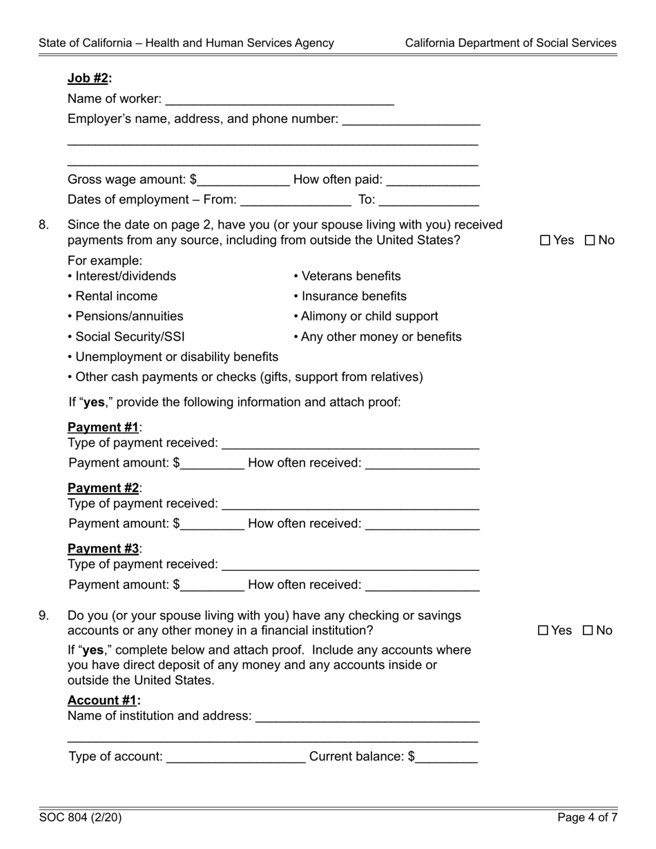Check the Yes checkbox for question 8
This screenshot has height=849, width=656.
[546, 240]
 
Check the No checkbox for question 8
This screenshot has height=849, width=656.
[590, 240]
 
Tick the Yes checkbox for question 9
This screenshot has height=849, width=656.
[543, 630]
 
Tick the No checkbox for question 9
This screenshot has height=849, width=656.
[588, 630]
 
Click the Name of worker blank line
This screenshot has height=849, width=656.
[280, 99]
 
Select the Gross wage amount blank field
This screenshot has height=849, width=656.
[243, 180]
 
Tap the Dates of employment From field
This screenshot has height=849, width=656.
[296, 200]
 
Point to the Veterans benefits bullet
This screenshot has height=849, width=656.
[347, 276]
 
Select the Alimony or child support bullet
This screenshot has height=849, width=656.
[366, 316]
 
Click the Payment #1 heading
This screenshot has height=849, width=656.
[104, 427]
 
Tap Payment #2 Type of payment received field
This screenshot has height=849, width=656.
[351, 504]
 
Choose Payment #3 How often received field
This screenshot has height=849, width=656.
[422, 585]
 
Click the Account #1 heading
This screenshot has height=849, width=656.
[104, 701]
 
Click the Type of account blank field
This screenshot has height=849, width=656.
[236, 757]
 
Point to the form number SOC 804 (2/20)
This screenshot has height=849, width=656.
[81, 818]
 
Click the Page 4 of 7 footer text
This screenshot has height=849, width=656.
[587, 818]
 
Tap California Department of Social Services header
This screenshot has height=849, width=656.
[510, 43]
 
